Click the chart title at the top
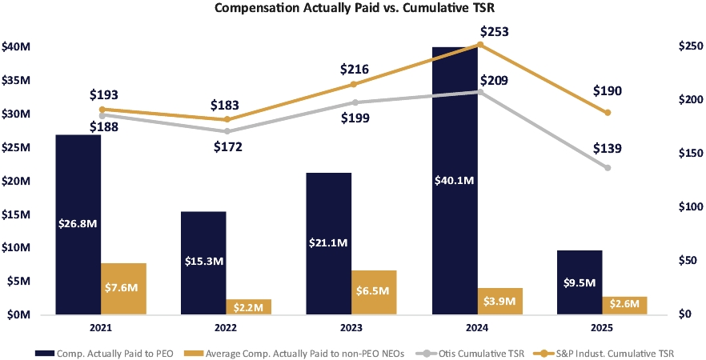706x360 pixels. pyautogui.click(x=352, y=8)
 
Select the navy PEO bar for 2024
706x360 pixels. pyautogui.click(x=455, y=180)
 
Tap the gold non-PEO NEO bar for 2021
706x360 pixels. pyautogui.click(x=123, y=289)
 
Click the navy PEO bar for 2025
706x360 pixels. pyautogui.click(x=580, y=282)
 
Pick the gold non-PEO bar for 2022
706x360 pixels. pyautogui.click(x=248, y=306)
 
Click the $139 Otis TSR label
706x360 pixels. pyautogui.click(x=608, y=149)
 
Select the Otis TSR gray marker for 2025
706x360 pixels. pyautogui.click(x=608, y=168)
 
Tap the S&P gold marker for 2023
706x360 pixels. pyautogui.click(x=354, y=84)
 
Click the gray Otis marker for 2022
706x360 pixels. pyautogui.click(x=227, y=131)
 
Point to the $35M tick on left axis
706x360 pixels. pyautogui.click(x=16, y=81)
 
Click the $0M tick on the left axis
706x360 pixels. pyautogui.click(x=16, y=315)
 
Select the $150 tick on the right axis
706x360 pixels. pyautogui.click(x=688, y=154)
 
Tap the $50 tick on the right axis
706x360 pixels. pyautogui.click(x=685, y=261)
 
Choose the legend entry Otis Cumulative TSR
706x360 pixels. pyautogui.click(x=479, y=354)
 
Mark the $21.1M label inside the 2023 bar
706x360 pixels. pyautogui.click(x=329, y=243)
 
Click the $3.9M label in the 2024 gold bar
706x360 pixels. pyautogui.click(x=499, y=302)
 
